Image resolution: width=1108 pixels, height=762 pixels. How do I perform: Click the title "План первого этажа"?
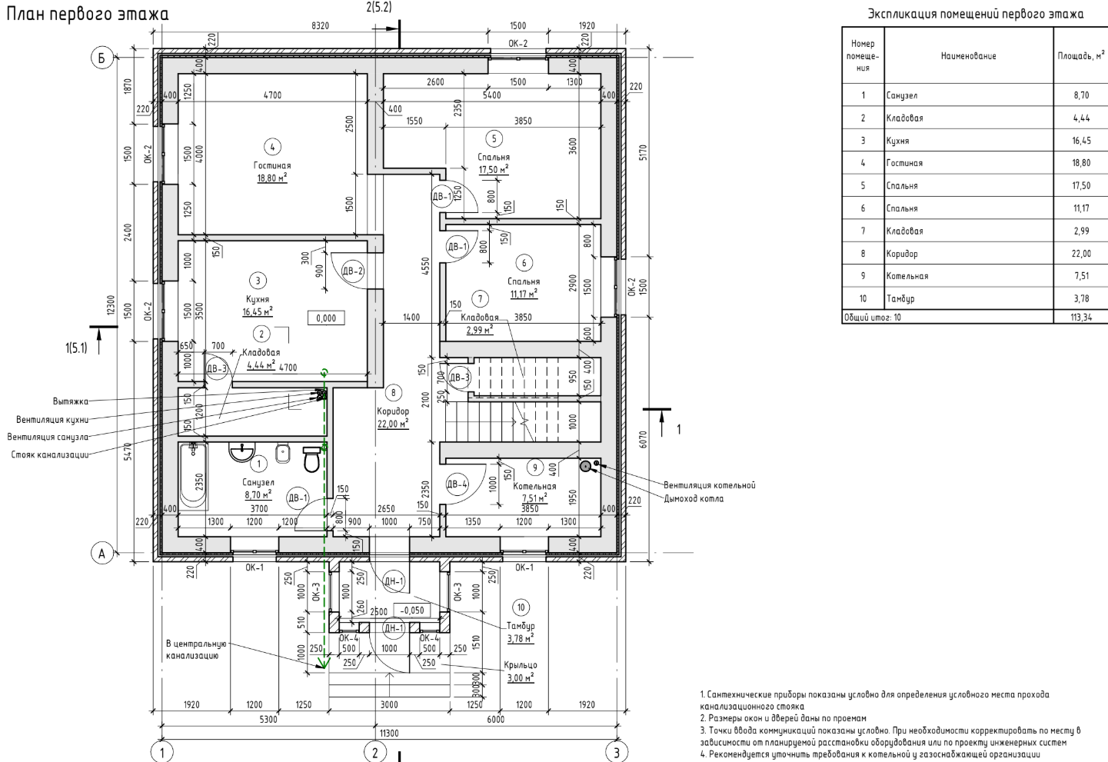[x=87, y=15]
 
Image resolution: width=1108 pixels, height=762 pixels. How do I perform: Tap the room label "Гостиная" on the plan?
[x=272, y=165]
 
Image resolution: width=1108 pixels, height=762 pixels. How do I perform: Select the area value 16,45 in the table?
[x=1081, y=141]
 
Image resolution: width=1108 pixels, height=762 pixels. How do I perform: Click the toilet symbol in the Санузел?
[x=312, y=459]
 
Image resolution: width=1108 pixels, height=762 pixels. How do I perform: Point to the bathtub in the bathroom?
[x=193, y=477]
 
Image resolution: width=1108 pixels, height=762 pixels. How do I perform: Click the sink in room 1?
[x=243, y=452]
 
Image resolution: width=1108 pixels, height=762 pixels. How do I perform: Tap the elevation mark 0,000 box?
[x=326, y=318]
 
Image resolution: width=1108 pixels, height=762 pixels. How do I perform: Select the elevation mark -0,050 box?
[x=413, y=611]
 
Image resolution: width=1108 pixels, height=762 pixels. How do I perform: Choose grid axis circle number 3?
[x=616, y=751]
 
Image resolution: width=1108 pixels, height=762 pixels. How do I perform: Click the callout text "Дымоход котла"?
[x=694, y=498]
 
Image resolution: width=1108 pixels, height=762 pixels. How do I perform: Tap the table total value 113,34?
[x=1081, y=318]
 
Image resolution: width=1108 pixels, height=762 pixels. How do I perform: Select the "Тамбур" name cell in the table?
[x=900, y=298]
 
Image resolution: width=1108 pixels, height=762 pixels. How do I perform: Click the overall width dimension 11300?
[x=390, y=733]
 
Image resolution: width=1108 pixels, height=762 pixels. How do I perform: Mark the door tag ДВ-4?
[x=457, y=484]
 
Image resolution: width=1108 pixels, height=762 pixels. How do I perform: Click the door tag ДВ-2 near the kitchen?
[x=352, y=271]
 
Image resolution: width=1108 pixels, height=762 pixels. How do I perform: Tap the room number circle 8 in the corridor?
[x=394, y=393]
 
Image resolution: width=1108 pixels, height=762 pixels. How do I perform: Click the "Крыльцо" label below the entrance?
[x=521, y=665]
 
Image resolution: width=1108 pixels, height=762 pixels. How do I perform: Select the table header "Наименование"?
[x=968, y=56]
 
